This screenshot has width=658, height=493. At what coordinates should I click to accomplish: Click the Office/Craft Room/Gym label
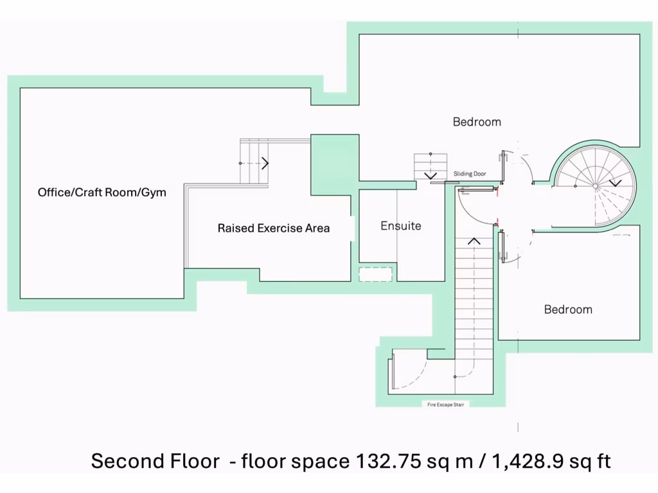click(x=102, y=192)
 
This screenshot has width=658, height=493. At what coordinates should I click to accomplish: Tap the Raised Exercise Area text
click(x=273, y=228)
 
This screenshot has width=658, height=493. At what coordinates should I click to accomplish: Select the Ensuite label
click(x=401, y=225)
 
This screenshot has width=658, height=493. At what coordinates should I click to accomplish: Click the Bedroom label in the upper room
click(x=476, y=121)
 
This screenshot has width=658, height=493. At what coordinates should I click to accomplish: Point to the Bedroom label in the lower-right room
click(x=568, y=309)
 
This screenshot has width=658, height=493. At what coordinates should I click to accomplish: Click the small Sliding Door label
click(x=470, y=174)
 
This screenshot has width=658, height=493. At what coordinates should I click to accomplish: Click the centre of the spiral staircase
click(x=595, y=186)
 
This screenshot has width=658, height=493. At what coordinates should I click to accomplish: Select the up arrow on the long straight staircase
click(x=474, y=241)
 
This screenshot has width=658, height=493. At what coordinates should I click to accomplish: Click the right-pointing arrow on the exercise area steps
click(x=264, y=163)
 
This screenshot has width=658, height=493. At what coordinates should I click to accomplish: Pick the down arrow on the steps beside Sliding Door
click(x=430, y=175)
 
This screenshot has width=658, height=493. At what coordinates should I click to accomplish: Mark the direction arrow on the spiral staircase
click(x=615, y=182)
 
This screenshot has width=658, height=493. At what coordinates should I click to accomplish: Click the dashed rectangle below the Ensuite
click(x=375, y=274)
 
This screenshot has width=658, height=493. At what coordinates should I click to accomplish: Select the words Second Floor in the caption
click(x=154, y=461)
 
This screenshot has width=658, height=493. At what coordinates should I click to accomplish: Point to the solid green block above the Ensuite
click(x=334, y=164)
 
